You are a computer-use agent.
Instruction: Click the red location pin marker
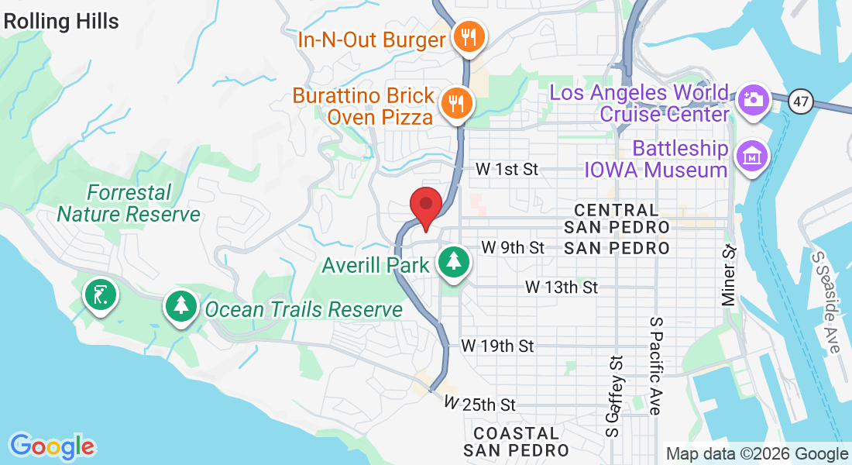tap(425, 207)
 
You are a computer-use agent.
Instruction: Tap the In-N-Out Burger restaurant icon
tap(469, 36)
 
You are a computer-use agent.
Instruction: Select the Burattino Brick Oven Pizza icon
tap(457, 102)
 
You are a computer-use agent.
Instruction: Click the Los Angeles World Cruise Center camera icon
tap(751, 99)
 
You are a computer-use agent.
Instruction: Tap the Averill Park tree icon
tap(452, 261)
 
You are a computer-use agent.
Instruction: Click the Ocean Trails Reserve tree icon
tap(181, 306)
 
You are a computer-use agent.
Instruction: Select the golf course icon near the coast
tap(100, 295)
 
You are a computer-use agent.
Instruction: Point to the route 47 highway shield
tap(801, 101)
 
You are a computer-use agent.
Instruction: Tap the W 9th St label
tap(513, 247)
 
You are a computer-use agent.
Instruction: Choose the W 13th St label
tap(562, 288)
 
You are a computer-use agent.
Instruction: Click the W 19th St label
tap(497, 346)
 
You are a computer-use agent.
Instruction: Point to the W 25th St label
tap(480, 405)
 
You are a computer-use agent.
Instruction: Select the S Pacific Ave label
tap(656, 365)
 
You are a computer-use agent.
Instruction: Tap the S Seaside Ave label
tap(825, 301)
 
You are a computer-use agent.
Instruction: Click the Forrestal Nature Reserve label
tap(129, 203)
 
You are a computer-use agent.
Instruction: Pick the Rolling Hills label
tap(60, 21)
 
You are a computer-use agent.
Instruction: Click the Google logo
tap(53, 446)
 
